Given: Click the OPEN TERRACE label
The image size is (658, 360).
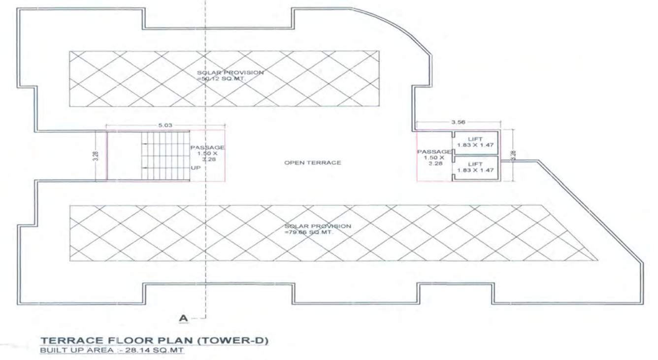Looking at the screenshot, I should tap(312, 163).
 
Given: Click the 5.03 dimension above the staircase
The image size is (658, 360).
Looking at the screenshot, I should tap(166, 126).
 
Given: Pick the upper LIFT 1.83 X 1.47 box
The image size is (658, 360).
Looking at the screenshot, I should tap(475, 143).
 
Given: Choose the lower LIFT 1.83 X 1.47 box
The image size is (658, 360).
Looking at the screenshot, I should tap(475, 167).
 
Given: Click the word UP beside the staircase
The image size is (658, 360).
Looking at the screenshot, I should tap(196, 168).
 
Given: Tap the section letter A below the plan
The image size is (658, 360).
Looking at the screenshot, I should tap(183, 319).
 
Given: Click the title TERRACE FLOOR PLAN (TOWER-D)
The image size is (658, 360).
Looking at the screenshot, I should tap(154, 341).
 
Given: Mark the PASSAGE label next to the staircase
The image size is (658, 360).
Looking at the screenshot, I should tap(207, 148).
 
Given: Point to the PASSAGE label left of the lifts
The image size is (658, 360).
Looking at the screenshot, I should tap(434, 152).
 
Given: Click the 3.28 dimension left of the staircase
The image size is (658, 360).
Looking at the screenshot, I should tap(96, 156).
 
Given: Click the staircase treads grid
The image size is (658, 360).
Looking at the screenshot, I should tap(165, 156).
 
